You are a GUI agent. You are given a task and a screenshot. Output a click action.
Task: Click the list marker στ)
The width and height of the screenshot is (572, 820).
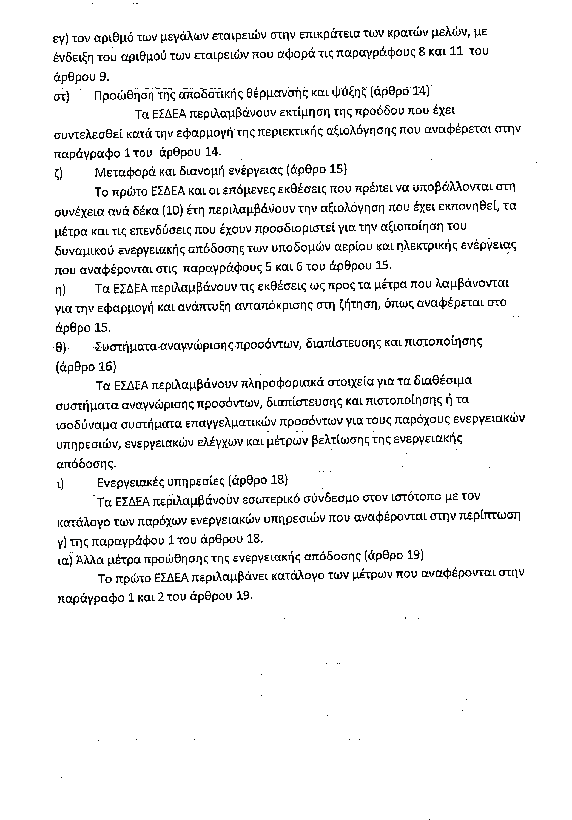[61, 96]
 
